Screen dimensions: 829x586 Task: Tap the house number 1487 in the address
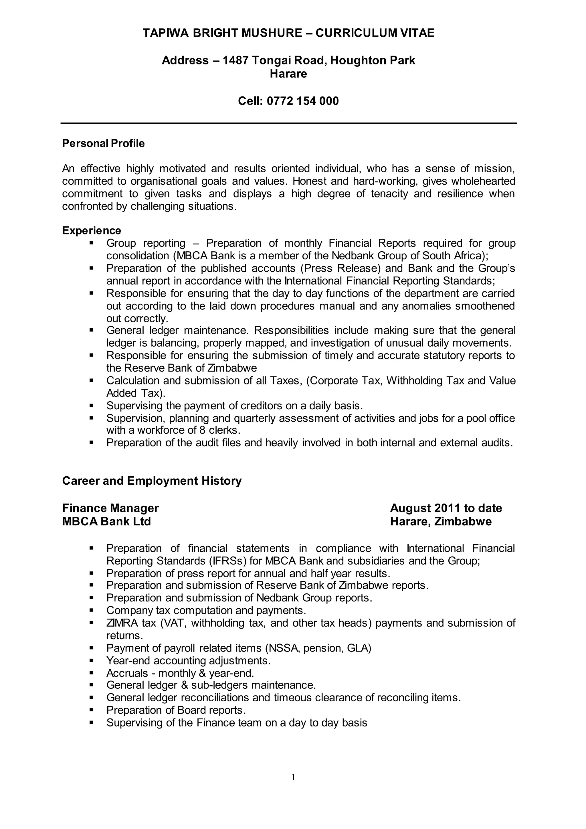point(235,60)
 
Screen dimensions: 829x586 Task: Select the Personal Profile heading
point(103,143)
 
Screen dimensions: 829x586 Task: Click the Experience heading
point(92,230)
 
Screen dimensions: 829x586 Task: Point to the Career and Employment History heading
point(152,481)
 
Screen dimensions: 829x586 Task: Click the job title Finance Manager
point(110,508)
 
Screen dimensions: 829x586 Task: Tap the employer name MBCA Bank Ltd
point(106,522)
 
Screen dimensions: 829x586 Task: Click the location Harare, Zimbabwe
point(441,522)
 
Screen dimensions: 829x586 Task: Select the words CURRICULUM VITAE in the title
point(375,33)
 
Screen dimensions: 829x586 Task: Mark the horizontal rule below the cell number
point(289,123)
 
